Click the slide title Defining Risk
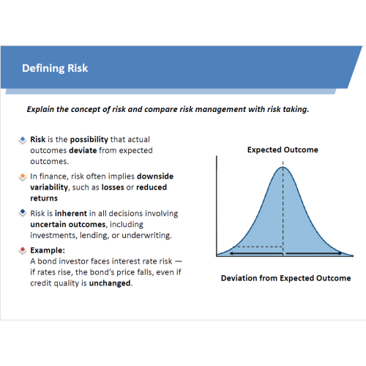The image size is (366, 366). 55,68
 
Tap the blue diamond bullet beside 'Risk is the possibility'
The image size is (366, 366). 23,140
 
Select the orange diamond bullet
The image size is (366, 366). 23,176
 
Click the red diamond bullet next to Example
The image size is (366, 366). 23,250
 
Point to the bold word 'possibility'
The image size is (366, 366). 89,140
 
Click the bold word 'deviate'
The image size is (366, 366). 83,150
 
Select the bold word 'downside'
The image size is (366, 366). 155,176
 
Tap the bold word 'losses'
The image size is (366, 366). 113,187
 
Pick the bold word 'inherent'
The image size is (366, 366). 71,213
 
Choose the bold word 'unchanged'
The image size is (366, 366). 110,283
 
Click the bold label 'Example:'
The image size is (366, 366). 48,250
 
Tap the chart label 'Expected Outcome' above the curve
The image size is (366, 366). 283,149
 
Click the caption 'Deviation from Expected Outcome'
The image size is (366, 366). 286,278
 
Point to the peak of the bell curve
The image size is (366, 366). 283,167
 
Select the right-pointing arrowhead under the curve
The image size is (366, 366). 340,253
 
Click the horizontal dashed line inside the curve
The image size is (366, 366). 260,247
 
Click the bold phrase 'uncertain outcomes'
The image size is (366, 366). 68,224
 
